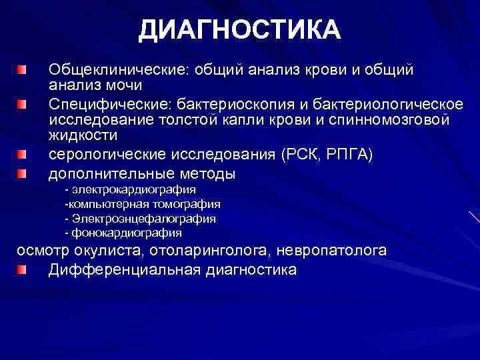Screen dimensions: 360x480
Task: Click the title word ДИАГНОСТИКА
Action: click(x=240, y=30)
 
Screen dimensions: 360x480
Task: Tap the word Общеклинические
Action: click(x=108, y=69)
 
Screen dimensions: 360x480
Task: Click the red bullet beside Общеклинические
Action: click(x=23, y=69)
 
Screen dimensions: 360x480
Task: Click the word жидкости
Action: click(x=83, y=136)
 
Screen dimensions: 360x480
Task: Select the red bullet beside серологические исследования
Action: click(x=23, y=155)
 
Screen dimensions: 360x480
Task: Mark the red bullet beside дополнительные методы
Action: click(x=23, y=174)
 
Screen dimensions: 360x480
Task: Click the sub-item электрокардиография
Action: click(x=134, y=190)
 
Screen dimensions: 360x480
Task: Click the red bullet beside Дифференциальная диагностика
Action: click(x=23, y=269)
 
